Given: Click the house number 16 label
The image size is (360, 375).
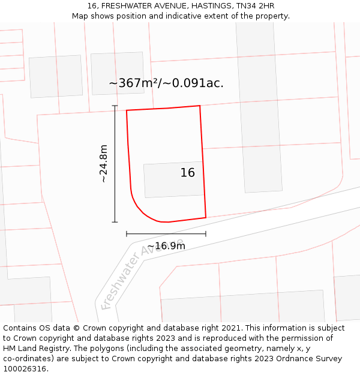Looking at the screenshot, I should tap(188, 173).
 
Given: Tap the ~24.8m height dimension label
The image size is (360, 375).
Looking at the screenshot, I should tap(103, 164).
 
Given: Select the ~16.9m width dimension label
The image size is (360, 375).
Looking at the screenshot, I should tap(166, 246).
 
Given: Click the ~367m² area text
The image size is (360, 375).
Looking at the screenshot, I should tap(133, 83).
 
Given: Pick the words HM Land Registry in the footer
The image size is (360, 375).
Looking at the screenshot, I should tap(32, 349).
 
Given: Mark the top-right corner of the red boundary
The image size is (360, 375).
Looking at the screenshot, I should tap(200, 106).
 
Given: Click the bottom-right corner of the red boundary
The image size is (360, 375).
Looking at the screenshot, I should tap(206, 217).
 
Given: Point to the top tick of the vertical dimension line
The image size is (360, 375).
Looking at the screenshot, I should tap(115, 106).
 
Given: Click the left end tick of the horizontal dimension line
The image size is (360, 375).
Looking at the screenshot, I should tap(127, 233).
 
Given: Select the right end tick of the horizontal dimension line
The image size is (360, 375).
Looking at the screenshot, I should tap(206, 233).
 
